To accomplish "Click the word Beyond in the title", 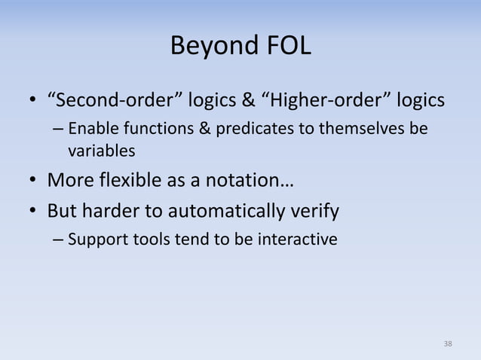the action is click(x=214, y=46).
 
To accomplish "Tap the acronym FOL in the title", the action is click(x=289, y=45).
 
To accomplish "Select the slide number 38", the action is click(x=448, y=343).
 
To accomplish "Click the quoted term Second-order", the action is click(x=115, y=99).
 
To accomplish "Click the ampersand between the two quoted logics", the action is click(x=249, y=100).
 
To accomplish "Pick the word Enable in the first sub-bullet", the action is click(x=93, y=128).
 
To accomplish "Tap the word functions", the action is click(x=158, y=128).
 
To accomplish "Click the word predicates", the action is click(x=255, y=129).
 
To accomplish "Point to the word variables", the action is click(x=102, y=151).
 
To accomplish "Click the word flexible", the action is click(x=130, y=179).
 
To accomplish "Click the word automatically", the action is click(x=226, y=212).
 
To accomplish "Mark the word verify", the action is click(x=314, y=212).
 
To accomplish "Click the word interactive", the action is click(x=298, y=239).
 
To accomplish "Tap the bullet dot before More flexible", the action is click(x=33, y=180).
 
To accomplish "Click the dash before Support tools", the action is click(x=58, y=239).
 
